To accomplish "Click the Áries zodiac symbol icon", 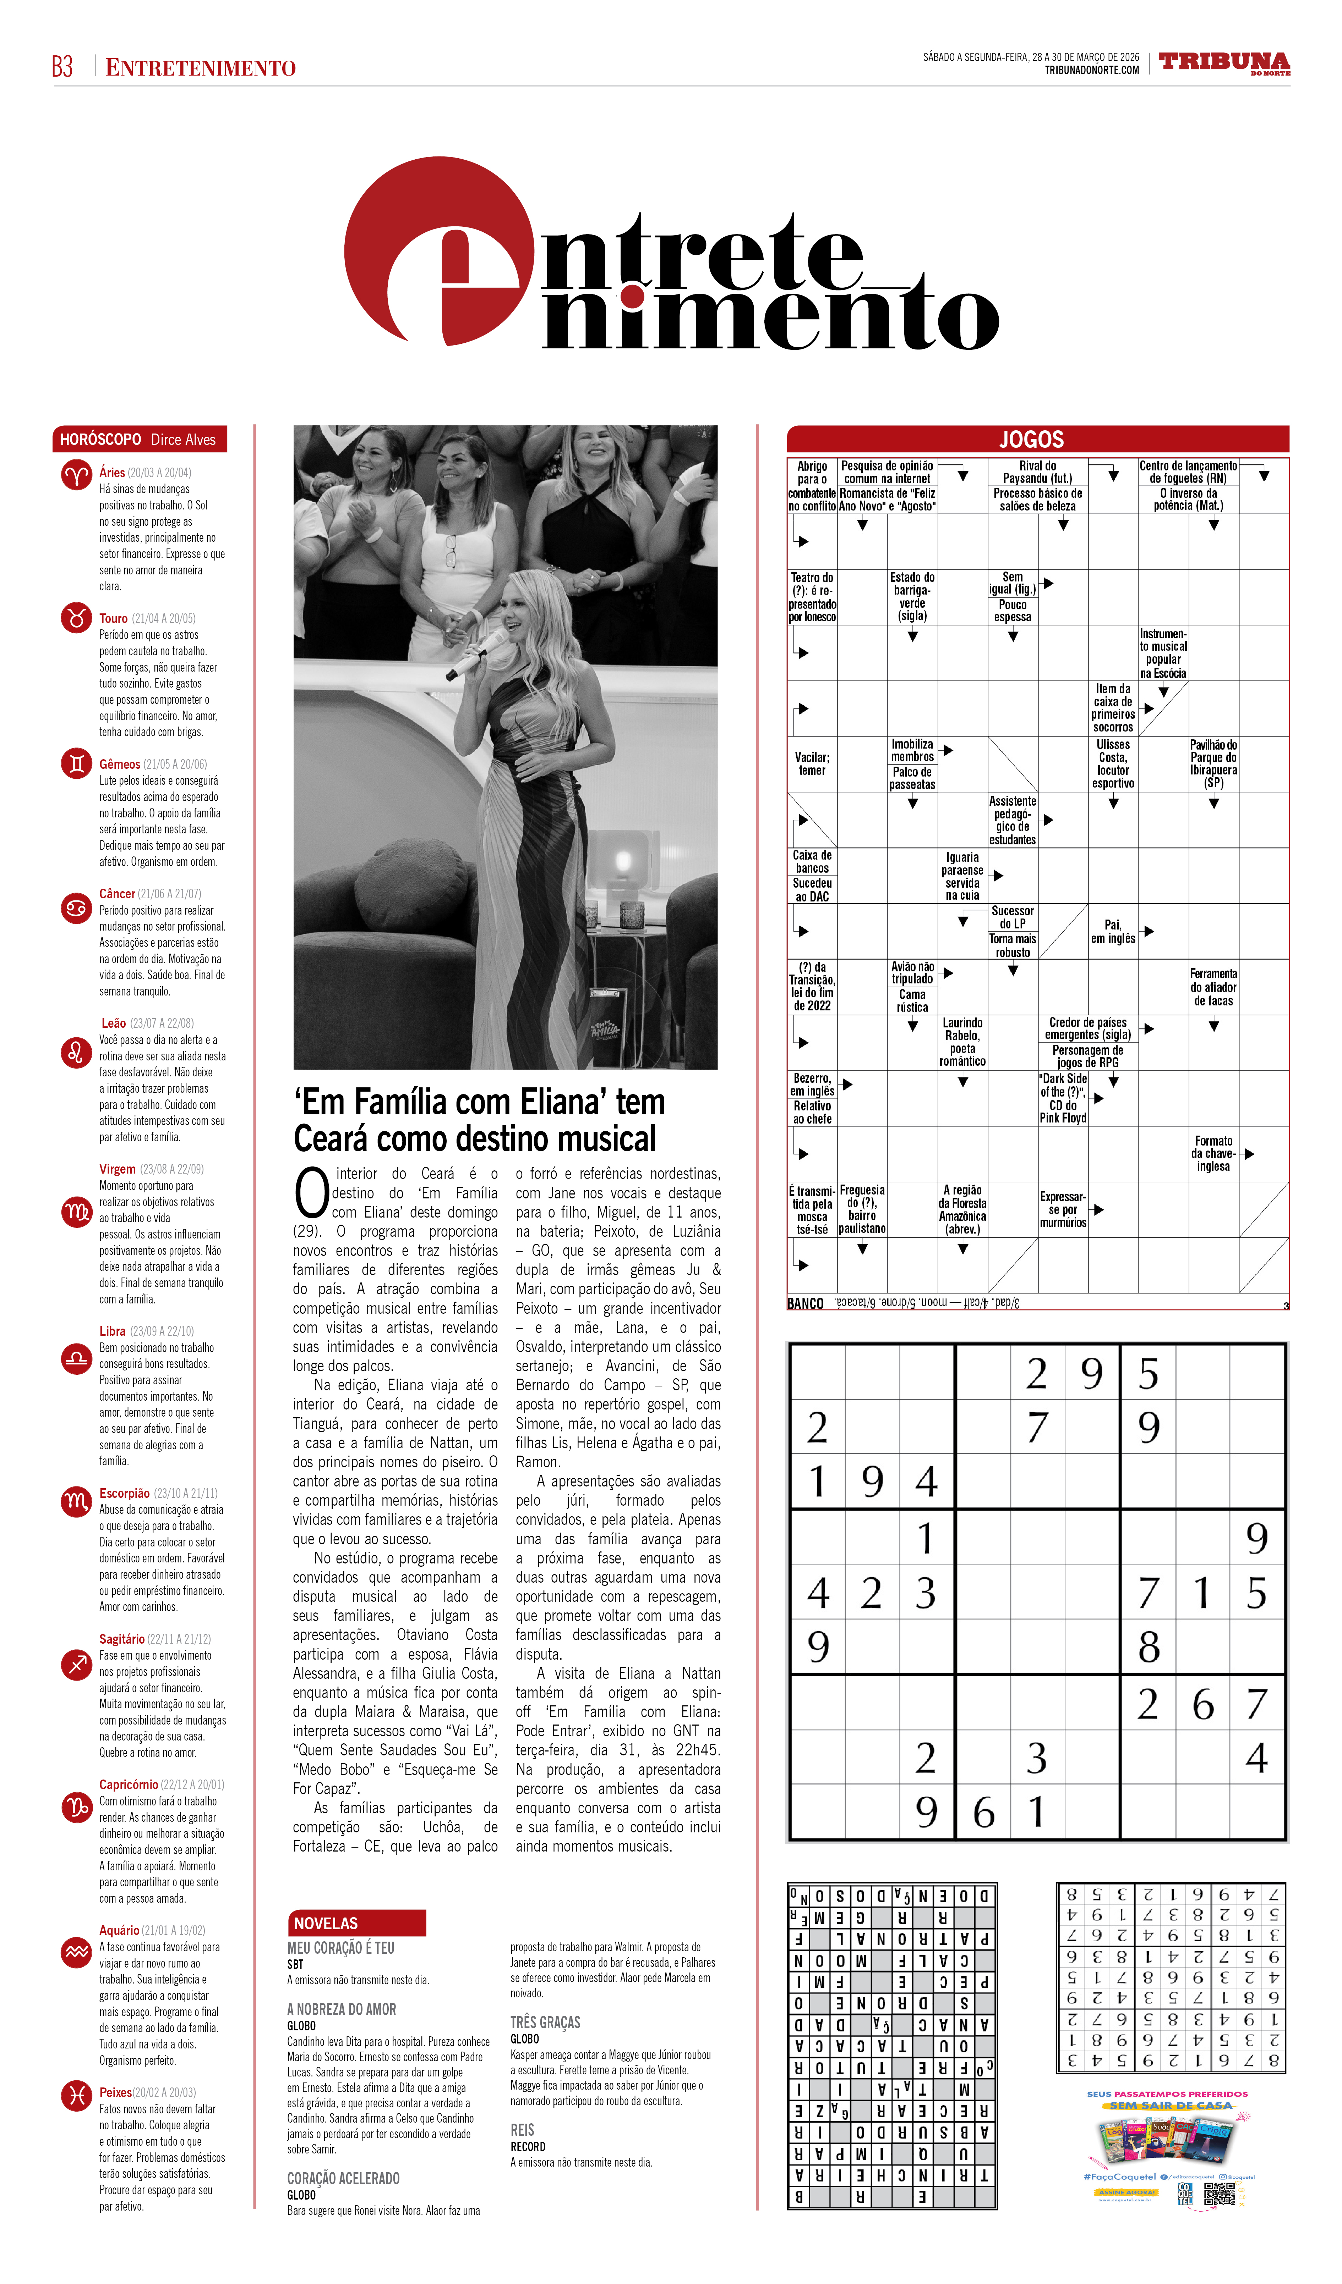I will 76,475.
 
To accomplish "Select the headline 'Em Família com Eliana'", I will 479,1120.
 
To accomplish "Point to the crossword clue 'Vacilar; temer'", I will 812,764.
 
